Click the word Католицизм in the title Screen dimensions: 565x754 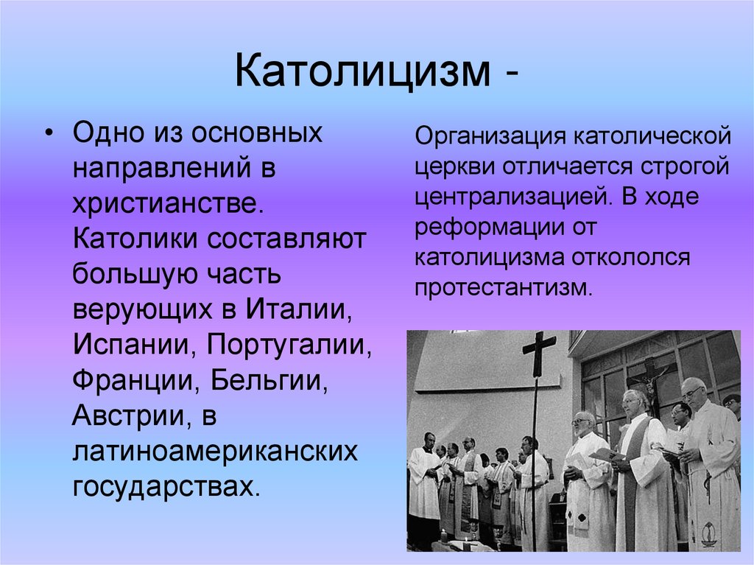pos(362,74)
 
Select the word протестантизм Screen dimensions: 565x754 pos(503,287)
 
